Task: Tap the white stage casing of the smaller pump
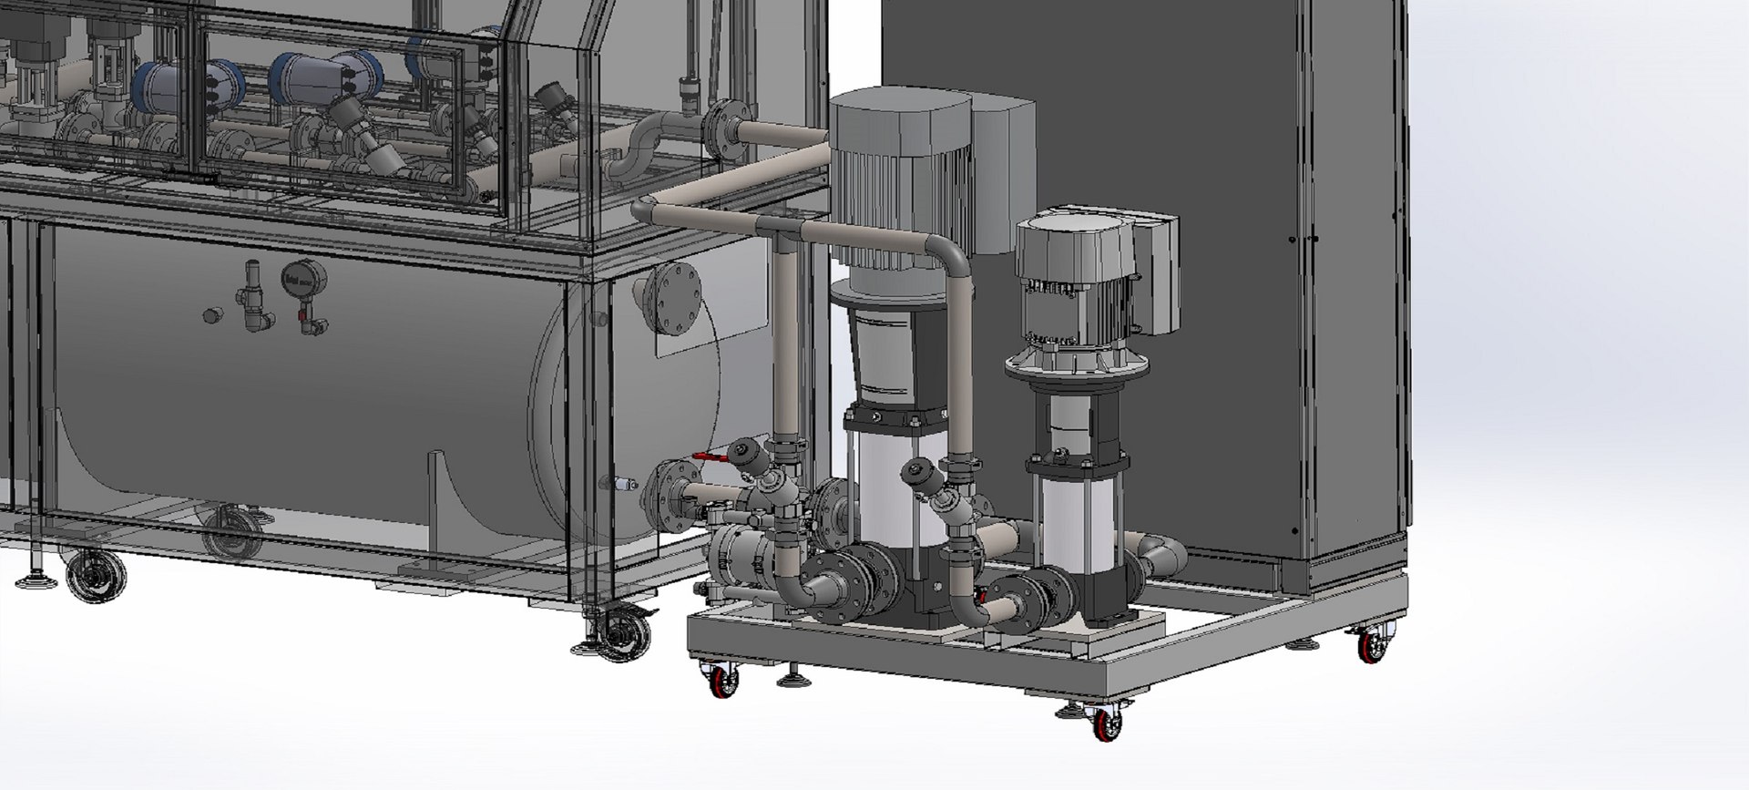pos(1071,524)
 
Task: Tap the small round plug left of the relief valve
pos(211,315)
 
